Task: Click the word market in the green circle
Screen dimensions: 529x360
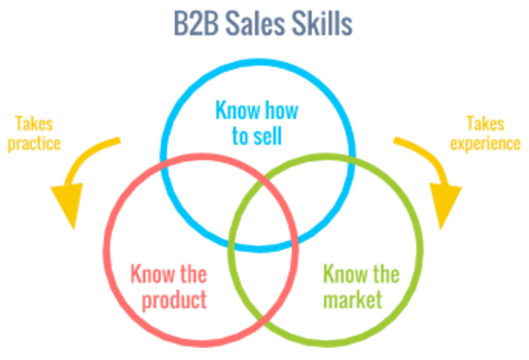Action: tap(353, 302)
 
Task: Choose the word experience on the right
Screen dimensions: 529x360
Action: tap(484, 142)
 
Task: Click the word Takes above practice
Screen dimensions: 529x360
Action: tap(35, 123)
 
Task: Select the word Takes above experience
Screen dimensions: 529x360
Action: tap(484, 122)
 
